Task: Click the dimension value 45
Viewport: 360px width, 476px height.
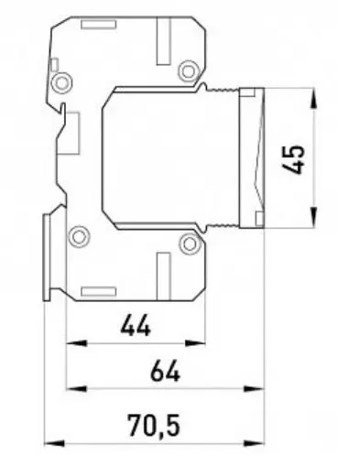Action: click(293, 159)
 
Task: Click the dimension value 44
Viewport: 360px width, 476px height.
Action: click(136, 326)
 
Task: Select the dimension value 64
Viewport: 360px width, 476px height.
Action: click(165, 371)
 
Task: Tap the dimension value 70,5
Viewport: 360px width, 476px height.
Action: click(154, 426)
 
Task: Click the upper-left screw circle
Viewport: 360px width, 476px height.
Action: click(61, 82)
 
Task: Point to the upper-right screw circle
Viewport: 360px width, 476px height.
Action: click(189, 71)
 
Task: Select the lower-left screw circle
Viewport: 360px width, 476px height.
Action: click(79, 237)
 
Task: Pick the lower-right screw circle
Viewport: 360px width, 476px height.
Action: click(190, 243)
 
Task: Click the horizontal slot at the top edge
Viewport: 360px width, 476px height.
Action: click(99, 25)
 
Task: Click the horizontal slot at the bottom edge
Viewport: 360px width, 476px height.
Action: click(99, 291)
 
